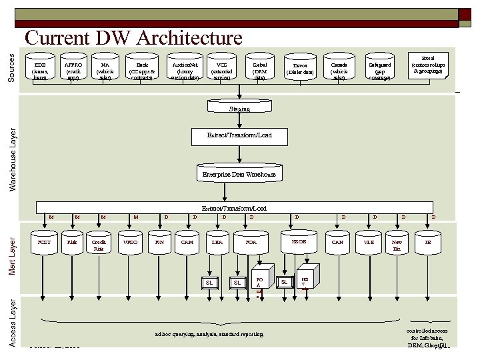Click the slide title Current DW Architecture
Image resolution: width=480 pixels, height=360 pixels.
click(x=133, y=39)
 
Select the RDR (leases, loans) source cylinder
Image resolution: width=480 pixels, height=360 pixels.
click(x=41, y=69)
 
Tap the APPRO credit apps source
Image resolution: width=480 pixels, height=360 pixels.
click(x=73, y=69)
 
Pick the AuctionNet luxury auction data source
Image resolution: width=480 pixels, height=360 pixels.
click(x=185, y=69)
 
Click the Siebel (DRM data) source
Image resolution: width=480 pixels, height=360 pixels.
click(x=259, y=69)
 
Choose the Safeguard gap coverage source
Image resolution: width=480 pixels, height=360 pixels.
click(x=380, y=69)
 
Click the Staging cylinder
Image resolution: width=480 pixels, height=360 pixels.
click(x=239, y=108)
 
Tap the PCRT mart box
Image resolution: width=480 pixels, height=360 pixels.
click(x=44, y=243)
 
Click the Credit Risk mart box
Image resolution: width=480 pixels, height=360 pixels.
click(x=99, y=245)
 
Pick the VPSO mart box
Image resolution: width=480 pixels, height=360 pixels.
click(x=131, y=243)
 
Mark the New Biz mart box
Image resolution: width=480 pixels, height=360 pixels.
click(x=397, y=245)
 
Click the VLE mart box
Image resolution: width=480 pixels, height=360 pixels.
click(x=369, y=243)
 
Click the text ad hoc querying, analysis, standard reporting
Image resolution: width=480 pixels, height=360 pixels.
click(x=209, y=334)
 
